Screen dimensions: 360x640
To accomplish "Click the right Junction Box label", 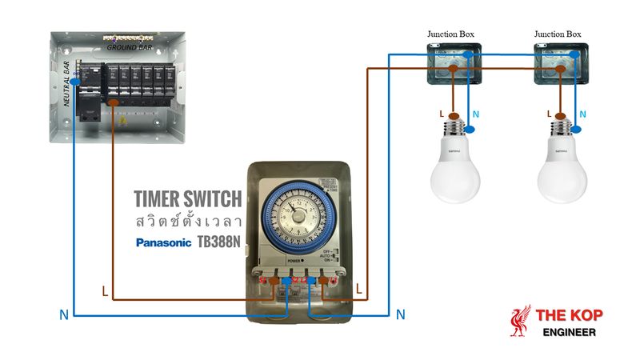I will tap(558, 34).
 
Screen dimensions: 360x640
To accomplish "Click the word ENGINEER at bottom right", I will tap(569, 331).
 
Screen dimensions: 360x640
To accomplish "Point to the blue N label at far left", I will tap(63, 315).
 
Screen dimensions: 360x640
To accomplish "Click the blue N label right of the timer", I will tap(401, 314).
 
